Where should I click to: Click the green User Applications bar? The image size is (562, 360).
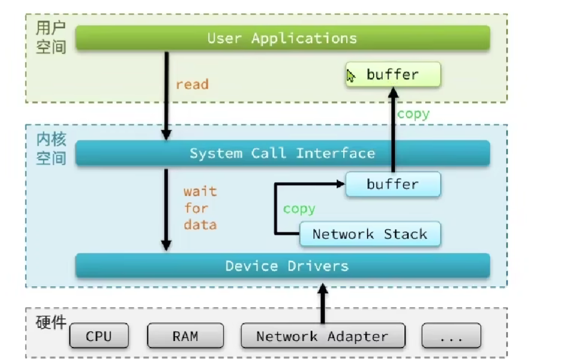pos(282,38)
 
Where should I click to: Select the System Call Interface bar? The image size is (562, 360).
pos(282,153)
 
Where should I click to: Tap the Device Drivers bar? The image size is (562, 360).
pos(282,266)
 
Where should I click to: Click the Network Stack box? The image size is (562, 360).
pos(370,234)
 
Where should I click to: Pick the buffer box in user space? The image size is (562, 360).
pos(393,74)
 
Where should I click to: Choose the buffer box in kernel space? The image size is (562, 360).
pos(393,184)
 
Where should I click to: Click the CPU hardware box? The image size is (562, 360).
pos(99,336)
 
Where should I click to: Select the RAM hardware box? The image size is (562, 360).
pos(186,336)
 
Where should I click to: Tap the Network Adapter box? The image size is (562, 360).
pos(323,336)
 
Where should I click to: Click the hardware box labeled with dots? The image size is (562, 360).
pos(451,336)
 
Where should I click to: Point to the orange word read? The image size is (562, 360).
pos(192,84)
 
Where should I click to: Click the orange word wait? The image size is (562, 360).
pos(200,191)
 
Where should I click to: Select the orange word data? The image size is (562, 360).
pos(200,225)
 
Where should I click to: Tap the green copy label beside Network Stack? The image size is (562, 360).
pos(299,209)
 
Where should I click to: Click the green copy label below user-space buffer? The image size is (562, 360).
pos(413,114)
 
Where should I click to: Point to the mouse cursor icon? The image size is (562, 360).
pos(350,76)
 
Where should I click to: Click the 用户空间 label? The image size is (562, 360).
pos(51,37)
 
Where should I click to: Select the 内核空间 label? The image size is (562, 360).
pos(51,148)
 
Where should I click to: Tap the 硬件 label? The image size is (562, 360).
pos(51,323)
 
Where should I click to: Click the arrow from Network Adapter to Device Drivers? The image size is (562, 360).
pos(323,303)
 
